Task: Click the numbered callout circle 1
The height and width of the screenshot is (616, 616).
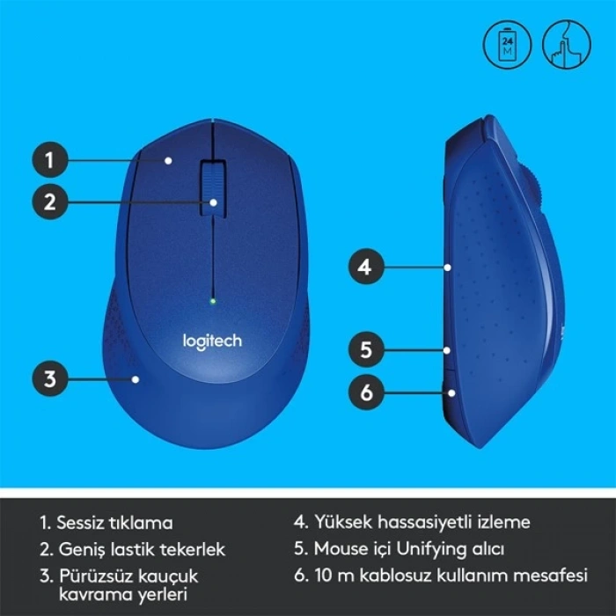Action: coord(51,160)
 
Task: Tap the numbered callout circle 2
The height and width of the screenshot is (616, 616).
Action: coord(51,202)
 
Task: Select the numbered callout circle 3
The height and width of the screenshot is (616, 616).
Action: coord(51,379)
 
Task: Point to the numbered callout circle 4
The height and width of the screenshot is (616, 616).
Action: coord(366,265)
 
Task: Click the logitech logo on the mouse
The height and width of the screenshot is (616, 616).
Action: coord(212,340)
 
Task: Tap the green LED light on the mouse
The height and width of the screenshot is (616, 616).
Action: coord(212,301)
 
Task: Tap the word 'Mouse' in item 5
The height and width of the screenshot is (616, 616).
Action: coord(339,550)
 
